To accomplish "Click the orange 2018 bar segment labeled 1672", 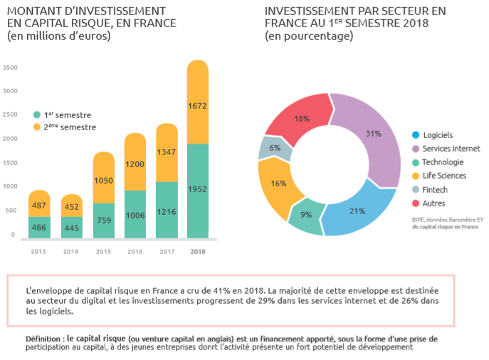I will click(x=197, y=106).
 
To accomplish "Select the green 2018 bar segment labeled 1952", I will click(x=197, y=189).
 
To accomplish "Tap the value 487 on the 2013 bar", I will click(x=39, y=205).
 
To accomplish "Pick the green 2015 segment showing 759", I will click(x=103, y=220).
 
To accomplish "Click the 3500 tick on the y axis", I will click(x=10, y=68).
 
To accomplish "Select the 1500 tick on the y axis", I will click(x=10, y=162).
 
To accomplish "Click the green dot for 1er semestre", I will click(x=37, y=115).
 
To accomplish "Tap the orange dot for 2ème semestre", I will click(x=37, y=127).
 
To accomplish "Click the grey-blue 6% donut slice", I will click(x=275, y=147).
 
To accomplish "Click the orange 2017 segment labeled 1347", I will click(x=166, y=152).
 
